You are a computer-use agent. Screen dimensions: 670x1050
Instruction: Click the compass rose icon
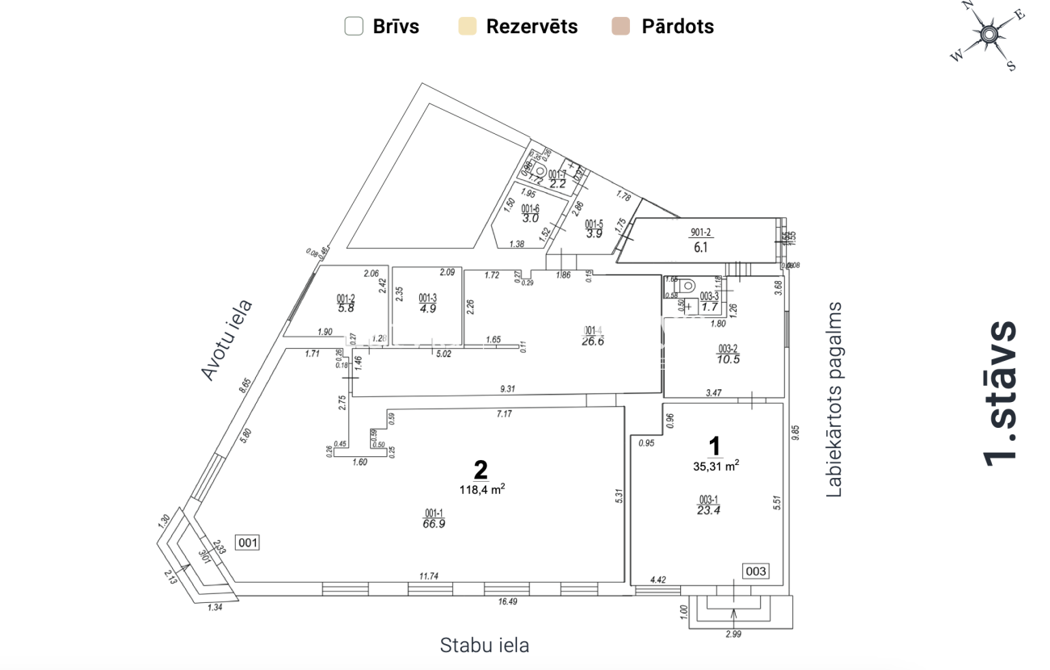point(988,36)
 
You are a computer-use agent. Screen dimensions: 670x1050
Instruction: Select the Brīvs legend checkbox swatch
point(354,26)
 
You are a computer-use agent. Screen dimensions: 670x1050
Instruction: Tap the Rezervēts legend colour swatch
point(467,26)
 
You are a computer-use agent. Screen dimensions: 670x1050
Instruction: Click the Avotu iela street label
point(227,340)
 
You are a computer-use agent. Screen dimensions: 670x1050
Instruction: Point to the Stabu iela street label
point(485,645)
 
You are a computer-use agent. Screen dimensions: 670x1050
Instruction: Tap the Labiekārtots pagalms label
point(834,400)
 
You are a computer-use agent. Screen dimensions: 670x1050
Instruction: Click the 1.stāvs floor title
point(1002,393)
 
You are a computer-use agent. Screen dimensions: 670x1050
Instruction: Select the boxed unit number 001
point(248,542)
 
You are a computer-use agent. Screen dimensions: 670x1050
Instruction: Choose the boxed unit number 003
point(756,572)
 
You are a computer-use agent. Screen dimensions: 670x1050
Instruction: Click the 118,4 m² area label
point(483,488)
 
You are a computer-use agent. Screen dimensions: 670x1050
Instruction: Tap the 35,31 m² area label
point(716,464)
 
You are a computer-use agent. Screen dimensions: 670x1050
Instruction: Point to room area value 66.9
point(434,523)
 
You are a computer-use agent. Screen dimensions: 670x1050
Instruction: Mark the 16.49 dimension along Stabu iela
point(508,601)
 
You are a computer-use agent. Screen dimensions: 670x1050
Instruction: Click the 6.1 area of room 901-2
point(699,248)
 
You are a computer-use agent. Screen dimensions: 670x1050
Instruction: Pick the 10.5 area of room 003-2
point(729,360)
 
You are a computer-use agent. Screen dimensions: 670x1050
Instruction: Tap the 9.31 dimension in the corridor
point(507,389)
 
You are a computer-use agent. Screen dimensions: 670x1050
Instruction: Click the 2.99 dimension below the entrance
point(733,634)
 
